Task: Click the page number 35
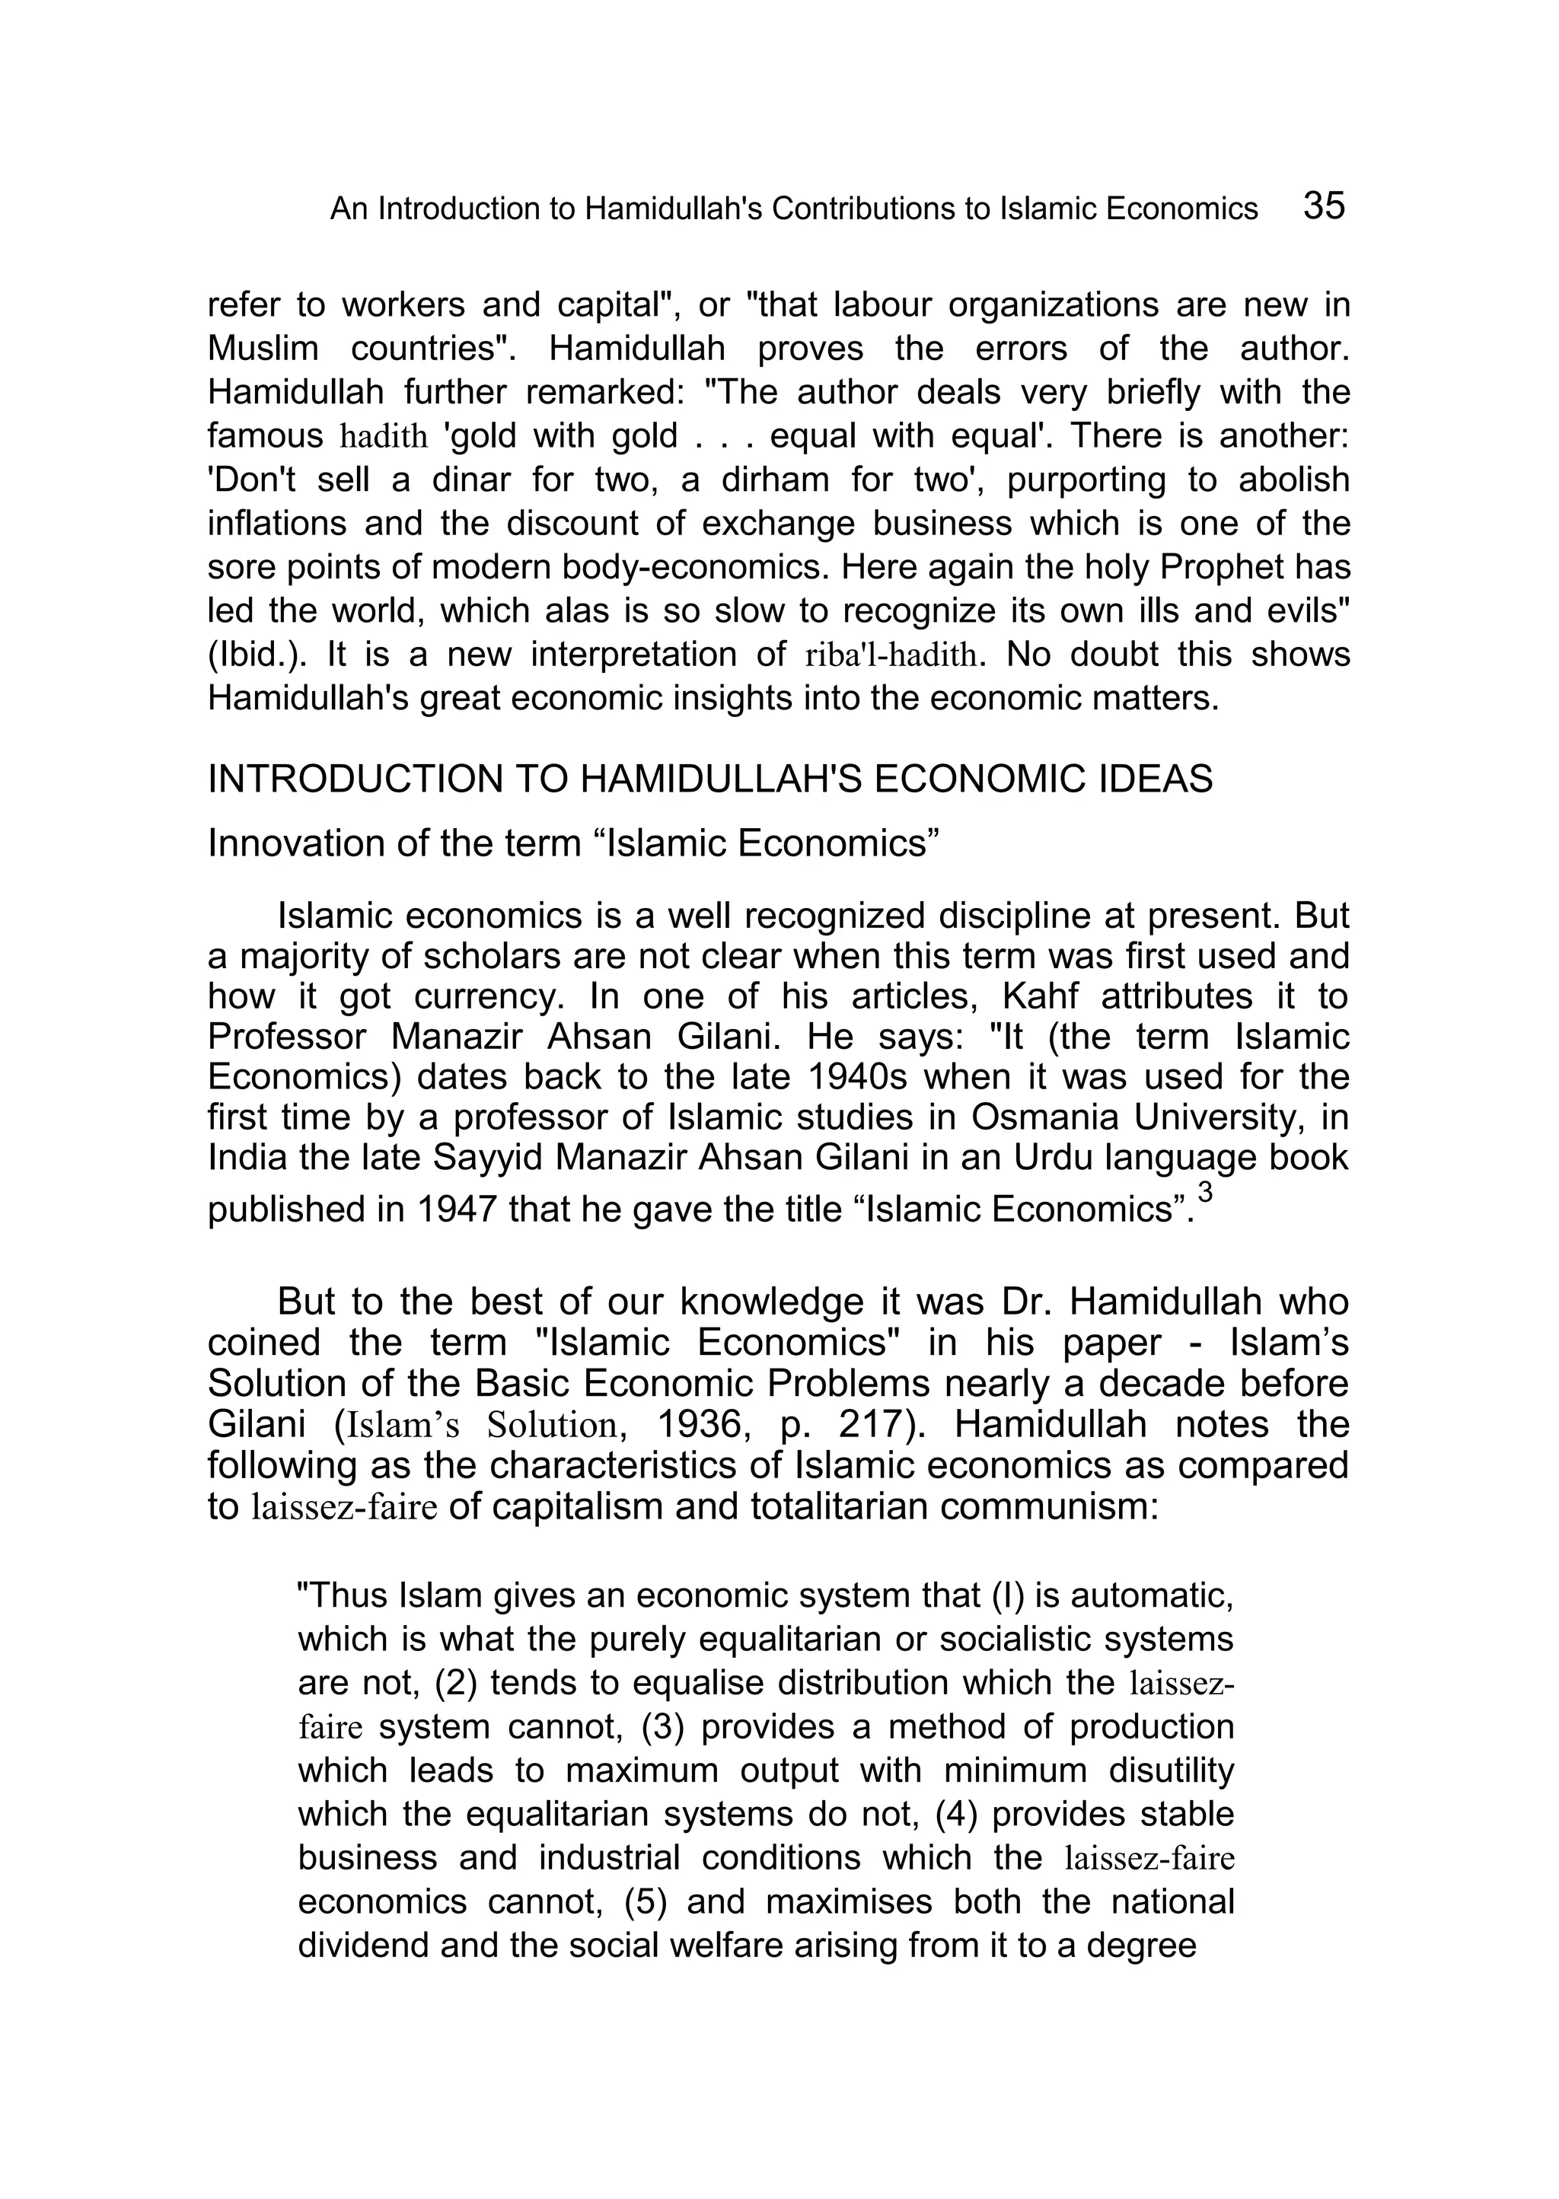click(x=1324, y=206)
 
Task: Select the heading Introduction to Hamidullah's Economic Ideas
click(x=709, y=779)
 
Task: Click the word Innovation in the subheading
click(x=289, y=843)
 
